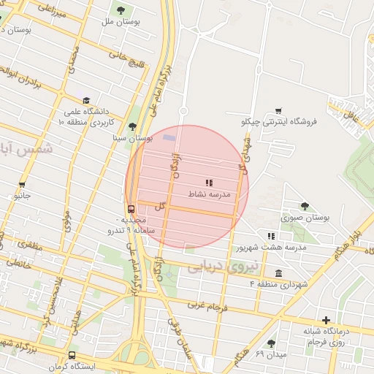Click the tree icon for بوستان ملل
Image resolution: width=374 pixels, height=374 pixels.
click(x=121, y=10)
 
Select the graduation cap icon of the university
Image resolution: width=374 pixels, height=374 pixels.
click(x=86, y=101)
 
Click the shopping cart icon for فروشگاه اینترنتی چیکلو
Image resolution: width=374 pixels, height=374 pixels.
click(x=278, y=111)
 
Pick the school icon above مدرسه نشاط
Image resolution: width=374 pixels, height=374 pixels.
click(x=209, y=183)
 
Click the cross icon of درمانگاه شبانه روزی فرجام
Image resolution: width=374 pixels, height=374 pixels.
click(x=326, y=320)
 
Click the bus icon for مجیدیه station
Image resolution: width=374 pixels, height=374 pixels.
click(x=131, y=209)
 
